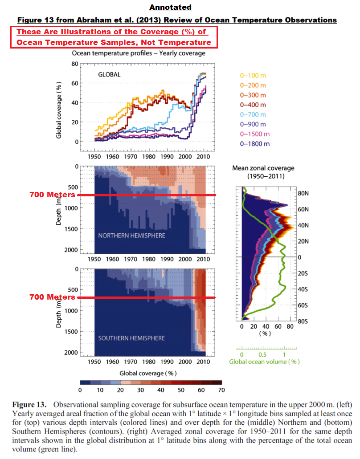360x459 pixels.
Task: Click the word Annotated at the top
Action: click(170, 8)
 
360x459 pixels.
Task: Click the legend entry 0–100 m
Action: click(253, 76)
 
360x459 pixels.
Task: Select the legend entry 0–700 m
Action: click(253, 114)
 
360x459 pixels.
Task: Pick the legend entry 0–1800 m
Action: click(255, 144)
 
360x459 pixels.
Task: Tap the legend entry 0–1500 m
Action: click(255, 134)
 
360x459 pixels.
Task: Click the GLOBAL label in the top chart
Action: click(109, 74)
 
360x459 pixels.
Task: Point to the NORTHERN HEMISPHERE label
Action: click(132, 236)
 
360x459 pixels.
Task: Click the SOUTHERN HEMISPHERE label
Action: click(132, 338)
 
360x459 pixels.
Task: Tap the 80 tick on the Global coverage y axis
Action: click(74, 64)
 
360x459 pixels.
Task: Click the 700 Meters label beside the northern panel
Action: click(52, 195)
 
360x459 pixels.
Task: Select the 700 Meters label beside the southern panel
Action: click(52, 297)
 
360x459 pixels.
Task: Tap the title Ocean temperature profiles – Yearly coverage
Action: click(139, 53)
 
